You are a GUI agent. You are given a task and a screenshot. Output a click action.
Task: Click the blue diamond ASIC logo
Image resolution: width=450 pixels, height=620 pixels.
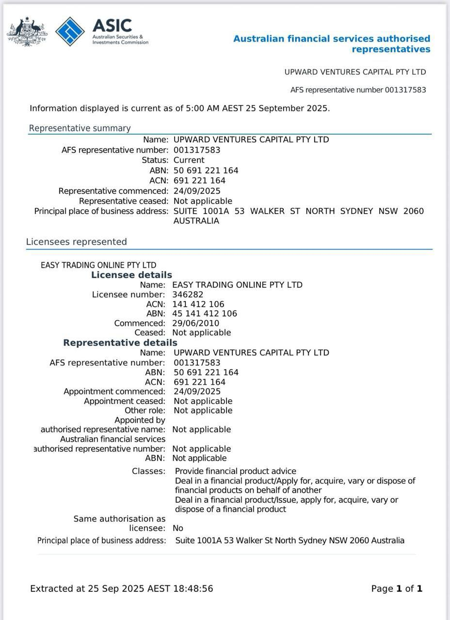click(70, 31)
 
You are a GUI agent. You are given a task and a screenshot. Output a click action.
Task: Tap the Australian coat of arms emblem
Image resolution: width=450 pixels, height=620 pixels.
click(27, 31)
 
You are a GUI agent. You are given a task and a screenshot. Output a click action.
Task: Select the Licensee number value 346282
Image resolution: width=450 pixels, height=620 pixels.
click(188, 294)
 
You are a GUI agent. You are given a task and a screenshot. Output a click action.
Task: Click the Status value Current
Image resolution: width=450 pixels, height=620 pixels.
click(189, 160)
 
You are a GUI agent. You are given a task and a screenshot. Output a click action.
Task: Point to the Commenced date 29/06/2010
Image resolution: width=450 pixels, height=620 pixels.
click(195, 323)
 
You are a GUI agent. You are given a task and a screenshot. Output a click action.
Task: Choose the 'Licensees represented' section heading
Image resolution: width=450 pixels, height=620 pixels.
click(76, 242)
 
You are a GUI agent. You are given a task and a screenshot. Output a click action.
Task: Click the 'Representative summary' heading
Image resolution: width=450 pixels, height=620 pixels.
click(80, 128)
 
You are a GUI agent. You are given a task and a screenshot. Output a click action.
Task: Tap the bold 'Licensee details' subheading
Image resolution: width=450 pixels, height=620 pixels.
click(131, 275)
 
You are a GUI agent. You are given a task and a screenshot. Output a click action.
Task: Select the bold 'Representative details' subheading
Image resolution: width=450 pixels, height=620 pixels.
click(120, 343)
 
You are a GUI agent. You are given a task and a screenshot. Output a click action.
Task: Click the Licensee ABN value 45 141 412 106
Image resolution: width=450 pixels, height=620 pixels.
click(205, 313)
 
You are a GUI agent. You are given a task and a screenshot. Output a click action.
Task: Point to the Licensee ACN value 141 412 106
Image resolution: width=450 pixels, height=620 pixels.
click(198, 304)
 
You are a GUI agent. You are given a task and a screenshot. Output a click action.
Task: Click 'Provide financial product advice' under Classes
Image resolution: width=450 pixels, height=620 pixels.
click(235, 471)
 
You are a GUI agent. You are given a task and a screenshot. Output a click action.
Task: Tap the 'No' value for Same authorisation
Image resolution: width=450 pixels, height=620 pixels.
click(178, 528)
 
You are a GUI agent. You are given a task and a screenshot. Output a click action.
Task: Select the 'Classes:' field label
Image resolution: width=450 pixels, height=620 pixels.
click(148, 471)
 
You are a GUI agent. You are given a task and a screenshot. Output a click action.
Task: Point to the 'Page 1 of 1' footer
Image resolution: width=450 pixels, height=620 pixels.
click(397, 589)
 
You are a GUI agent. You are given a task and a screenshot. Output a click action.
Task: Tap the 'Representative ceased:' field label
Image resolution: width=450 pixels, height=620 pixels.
click(124, 201)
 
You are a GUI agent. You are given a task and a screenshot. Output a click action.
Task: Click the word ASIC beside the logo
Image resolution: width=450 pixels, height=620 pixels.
click(112, 25)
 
